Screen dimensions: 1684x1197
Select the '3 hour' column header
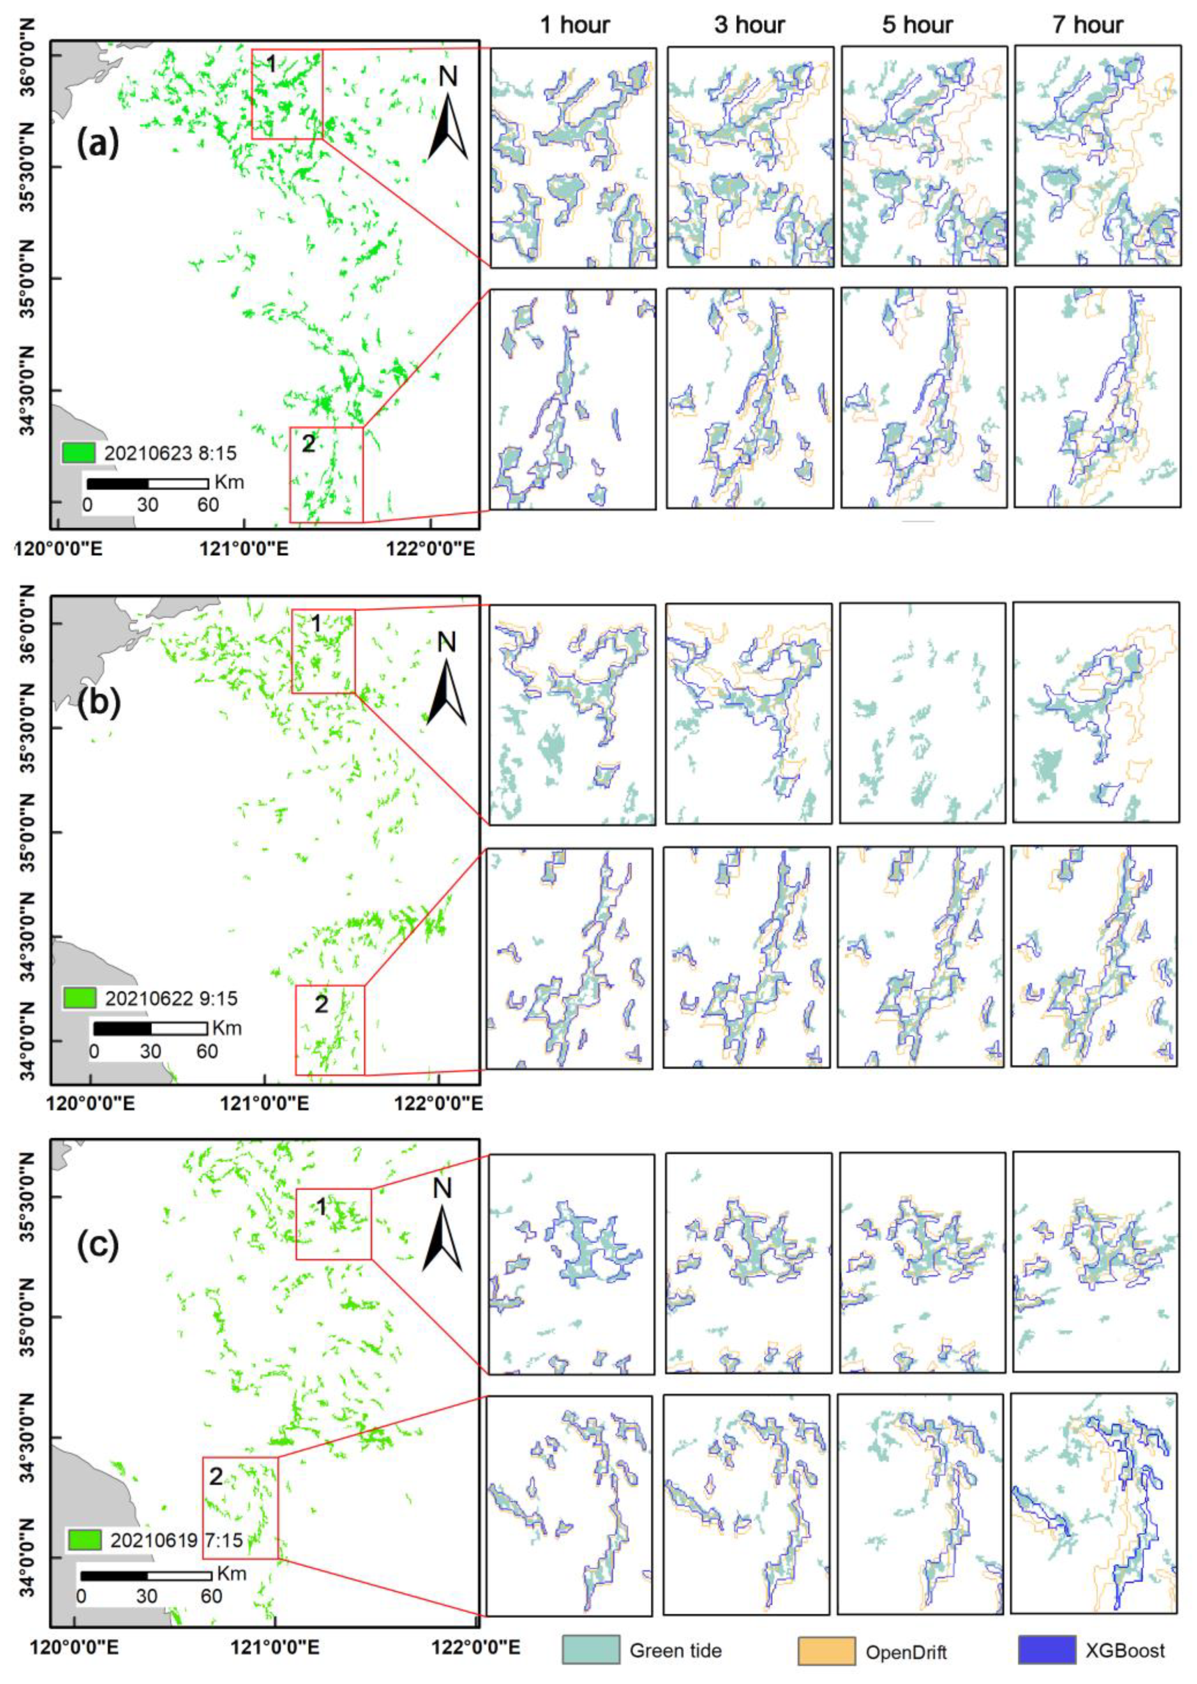749,25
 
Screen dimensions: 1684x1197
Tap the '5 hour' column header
918,25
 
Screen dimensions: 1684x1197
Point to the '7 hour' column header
1087,25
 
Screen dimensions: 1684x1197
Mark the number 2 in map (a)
308,444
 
